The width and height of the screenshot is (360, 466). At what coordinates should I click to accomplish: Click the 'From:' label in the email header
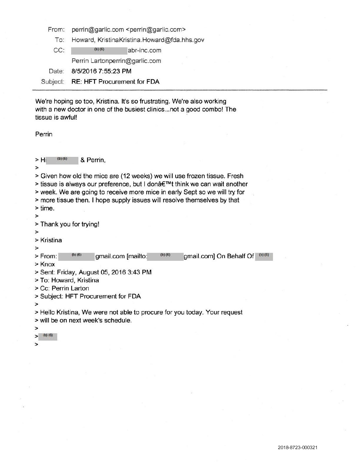tap(56, 30)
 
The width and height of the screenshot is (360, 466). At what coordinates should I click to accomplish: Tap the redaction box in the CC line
tap(99, 50)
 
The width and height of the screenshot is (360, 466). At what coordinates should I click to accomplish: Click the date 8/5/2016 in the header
tap(82, 71)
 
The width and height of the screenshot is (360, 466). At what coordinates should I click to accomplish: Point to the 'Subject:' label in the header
tap(52, 81)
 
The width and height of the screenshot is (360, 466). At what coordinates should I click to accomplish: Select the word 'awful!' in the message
tap(68, 117)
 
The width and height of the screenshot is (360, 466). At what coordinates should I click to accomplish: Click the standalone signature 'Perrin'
tap(44, 134)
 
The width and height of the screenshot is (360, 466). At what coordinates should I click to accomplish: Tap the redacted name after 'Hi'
tap(62, 160)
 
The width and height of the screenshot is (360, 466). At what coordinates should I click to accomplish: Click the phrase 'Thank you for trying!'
tap(70, 224)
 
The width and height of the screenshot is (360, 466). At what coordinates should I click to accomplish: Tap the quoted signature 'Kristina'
tap(51, 240)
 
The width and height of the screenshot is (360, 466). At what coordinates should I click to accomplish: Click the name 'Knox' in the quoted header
tap(47, 264)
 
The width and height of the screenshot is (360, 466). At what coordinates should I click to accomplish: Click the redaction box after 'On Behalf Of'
tap(264, 256)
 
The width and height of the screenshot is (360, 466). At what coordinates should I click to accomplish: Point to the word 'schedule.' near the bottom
tap(118, 320)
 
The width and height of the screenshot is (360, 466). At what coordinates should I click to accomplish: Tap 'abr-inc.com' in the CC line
tap(145, 50)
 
